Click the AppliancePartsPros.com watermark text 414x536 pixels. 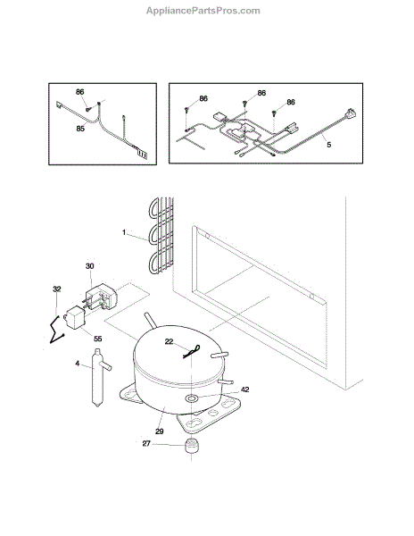tap(203, 11)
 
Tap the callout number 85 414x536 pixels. tap(80, 129)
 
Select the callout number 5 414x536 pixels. tap(328, 145)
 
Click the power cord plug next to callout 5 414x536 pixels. tap(351, 113)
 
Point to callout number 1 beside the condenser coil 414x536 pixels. tap(124, 232)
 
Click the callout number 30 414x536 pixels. tap(89, 266)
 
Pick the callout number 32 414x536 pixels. tap(56, 289)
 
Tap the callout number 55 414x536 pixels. tap(97, 339)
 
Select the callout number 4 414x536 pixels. tap(77, 364)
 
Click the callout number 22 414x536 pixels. tap(169, 341)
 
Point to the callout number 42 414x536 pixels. tap(245, 389)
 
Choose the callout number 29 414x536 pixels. tap(160, 431)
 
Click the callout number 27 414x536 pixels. tap(146, 444)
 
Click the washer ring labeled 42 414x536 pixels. tap(191, 398)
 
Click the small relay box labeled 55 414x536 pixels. tap(76, 318)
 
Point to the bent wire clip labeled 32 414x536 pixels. tap(57, 330)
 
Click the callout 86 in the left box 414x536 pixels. tap(80, 92)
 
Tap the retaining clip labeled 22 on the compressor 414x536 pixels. tap(192, 352)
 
